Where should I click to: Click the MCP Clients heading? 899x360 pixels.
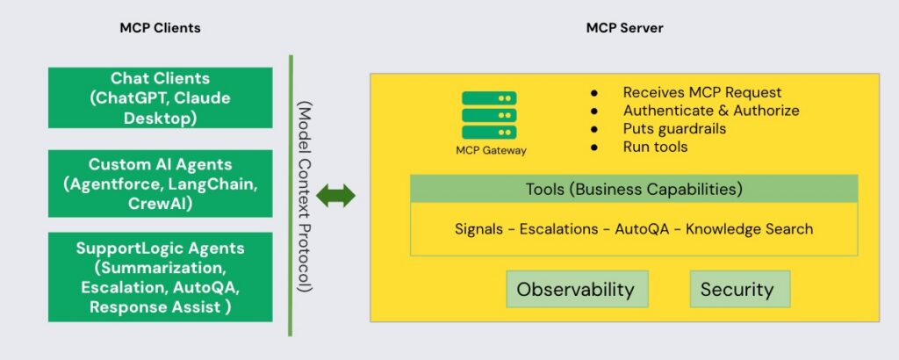[160, 28]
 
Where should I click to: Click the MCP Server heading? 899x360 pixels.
[624, 28]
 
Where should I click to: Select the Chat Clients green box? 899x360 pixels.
[161, 98]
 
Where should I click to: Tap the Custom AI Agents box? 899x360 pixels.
[161, 184]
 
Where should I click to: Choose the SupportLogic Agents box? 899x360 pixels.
[161, 277]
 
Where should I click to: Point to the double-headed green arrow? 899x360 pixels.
[336, 196]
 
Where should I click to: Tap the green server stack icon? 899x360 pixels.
[489, 112]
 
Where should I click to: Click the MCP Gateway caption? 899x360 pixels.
[492, 150]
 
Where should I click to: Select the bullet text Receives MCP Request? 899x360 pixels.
[701, 92]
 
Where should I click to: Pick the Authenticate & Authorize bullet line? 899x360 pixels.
[711, 111]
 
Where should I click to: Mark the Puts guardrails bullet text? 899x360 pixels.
[674, 129]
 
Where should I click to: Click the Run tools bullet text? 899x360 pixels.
[655, 147]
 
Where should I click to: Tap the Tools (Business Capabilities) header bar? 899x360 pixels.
[634, 189]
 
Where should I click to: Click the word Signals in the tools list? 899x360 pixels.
[478, 229]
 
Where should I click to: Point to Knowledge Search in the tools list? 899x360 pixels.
[749, 229]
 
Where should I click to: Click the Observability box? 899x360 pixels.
[575, 289]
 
